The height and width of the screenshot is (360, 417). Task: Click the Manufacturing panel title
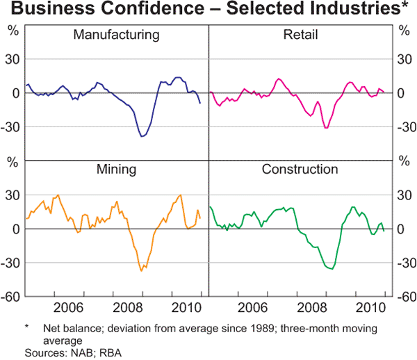(116, 35)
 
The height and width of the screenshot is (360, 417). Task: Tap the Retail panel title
(300, 35)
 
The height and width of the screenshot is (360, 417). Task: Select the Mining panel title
(115, 169)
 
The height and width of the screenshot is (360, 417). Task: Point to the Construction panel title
(300, 169)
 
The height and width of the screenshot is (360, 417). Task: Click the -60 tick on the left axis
(13, 297)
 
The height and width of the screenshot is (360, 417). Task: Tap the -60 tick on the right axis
(403, 297)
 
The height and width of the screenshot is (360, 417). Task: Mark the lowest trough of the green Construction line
(332, 269)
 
